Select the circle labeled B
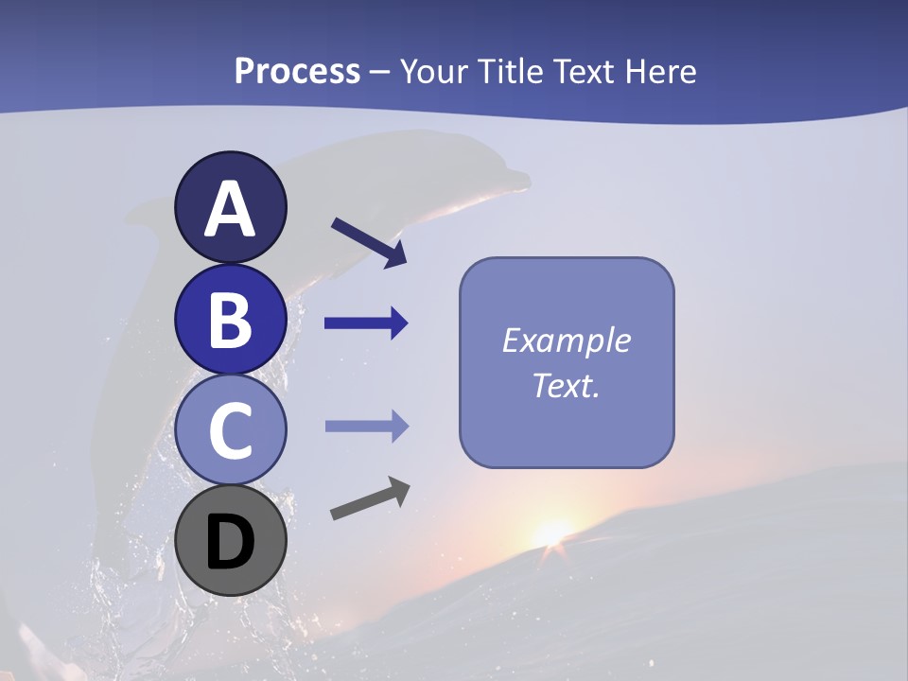(x=230, y=319)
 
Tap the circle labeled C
(x=230, y=429)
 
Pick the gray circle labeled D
(x=230, y=541)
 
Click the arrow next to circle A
(x=369, y=242)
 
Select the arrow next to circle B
(x=366, y=323)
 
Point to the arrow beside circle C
(x=366, y=427)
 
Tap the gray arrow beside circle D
(x=370, y=498)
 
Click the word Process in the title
(x=297, y=71)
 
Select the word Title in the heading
(x=511, y=71)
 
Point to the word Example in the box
(x=566, y=340)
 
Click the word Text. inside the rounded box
(x=566, y=385)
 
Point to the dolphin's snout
(x=515, y=176)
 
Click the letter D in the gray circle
(x=230, y=544)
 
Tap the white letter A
(x=230, y=210)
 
